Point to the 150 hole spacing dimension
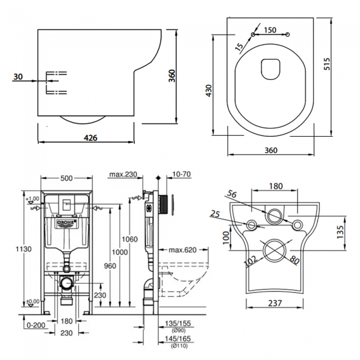[271, 30]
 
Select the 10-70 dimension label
[182, 175]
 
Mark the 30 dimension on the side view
[18, 78]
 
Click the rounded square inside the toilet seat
[270, 66]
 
